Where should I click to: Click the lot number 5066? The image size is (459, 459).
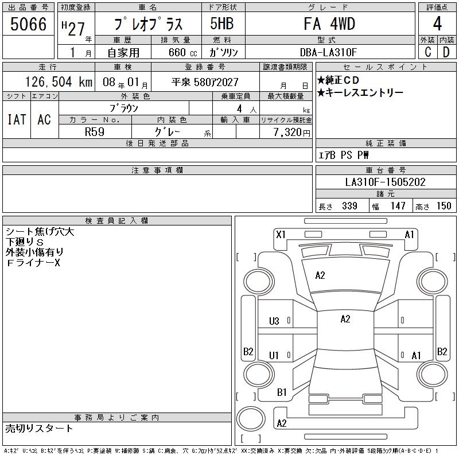point(28,24)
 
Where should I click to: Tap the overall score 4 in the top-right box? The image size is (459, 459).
point(437,24)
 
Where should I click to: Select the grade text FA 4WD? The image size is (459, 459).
point(329,24)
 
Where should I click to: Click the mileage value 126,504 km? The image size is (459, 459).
point(59,81)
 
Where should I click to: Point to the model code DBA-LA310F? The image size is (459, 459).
point(328,52)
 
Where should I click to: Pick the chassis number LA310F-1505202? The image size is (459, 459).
point(385,182)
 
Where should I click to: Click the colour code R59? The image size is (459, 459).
point(95,132)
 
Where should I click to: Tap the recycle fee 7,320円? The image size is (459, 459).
point(291,133)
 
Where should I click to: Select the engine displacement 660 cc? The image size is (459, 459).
point(182,53)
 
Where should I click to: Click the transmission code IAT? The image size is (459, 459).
point(17,119)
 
